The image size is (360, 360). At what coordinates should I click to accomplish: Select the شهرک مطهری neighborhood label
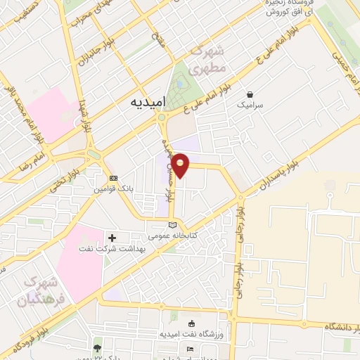[208, 60]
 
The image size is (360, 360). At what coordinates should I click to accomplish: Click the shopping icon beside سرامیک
[250, 94]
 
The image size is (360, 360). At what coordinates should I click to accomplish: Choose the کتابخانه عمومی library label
[172, 235]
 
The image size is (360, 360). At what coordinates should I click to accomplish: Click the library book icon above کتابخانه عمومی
[172, 224]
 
